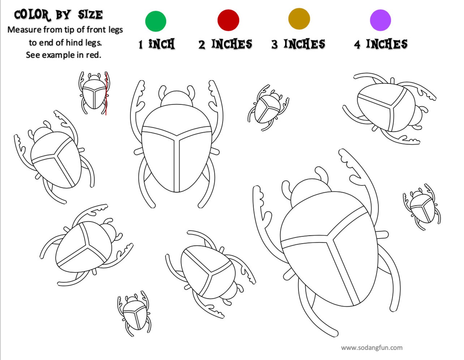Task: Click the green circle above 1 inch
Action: coord(156,21)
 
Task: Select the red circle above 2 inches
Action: coord(228,20)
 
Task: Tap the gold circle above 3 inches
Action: coord(299,19)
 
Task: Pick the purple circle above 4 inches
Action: coord(380,20)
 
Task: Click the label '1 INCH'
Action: coord(157,44)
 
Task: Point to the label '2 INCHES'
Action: coord(225,44)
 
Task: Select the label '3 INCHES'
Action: coord(298,44)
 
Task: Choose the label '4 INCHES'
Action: coord(380,44)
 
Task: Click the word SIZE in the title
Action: coord(90,15)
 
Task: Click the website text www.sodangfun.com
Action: coord(372,348)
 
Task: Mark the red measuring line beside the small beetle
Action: coord(106,96)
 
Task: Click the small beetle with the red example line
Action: coord(94,94)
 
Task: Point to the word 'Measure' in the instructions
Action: coord(24,30)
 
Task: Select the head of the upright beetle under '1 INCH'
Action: coord(176,98)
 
